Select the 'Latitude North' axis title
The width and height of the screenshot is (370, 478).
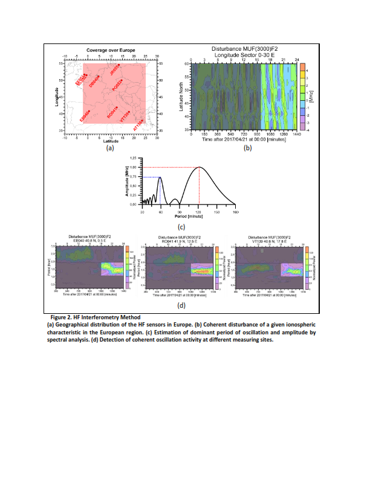click(x=181, y=96)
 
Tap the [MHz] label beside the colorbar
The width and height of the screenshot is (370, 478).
click(x=311, y=95)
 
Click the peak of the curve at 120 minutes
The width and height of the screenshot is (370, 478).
click(x=199, y=167)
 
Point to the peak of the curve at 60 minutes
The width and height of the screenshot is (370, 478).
click(x=160, y=177)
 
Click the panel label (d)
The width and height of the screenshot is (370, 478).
click(x=181, y=305)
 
